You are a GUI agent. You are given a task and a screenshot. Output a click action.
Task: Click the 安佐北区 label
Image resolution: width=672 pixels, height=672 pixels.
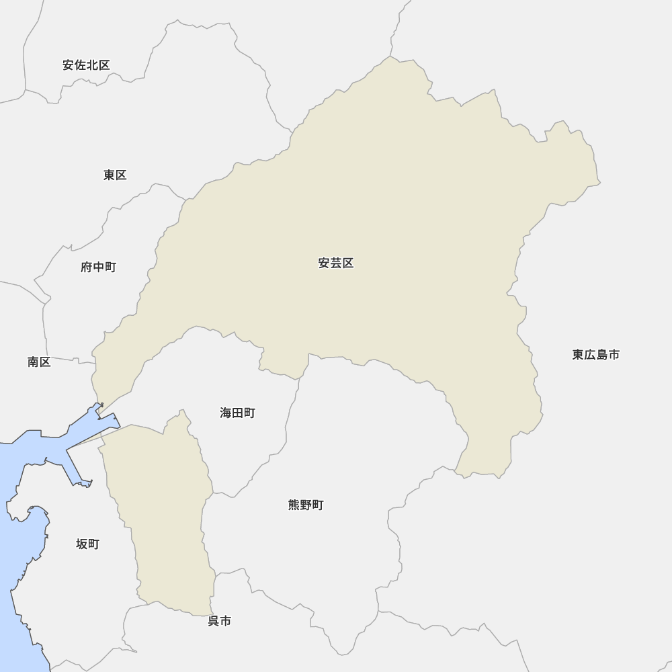click(86, 65)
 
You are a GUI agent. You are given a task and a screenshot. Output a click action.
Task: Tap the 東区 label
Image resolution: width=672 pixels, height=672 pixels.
click(115, 175)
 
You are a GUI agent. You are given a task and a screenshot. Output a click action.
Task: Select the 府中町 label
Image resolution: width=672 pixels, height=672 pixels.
click(98, 267)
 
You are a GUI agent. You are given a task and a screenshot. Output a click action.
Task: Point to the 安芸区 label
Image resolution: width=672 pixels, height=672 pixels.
click(336, 263)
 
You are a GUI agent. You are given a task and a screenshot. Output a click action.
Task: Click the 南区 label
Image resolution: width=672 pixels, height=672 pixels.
click(39, 362)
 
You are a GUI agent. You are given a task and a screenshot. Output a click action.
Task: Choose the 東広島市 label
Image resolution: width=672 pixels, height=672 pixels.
click(596, 355)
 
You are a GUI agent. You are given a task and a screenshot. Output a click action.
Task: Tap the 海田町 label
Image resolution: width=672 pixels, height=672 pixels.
click(237, 413)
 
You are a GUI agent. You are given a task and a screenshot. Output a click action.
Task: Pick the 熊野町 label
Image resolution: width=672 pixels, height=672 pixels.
click(306, 505)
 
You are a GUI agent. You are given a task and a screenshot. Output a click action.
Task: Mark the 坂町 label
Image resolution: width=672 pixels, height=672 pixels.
click(87, 544)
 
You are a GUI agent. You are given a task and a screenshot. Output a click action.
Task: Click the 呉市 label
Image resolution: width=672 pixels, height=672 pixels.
click(219, 622)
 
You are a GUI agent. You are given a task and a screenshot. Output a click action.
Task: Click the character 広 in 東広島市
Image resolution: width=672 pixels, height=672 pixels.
click(590, 355)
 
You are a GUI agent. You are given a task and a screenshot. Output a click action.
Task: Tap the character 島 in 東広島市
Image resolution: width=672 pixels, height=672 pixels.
click(602, 355)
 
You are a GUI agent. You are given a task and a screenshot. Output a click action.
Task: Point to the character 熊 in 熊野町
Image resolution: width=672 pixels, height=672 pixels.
click(294, 505)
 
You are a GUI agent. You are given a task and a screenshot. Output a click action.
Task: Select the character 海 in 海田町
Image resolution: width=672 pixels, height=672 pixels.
click(226, 413)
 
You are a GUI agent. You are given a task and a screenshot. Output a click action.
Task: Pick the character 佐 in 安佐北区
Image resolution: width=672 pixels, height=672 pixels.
click(80, 65)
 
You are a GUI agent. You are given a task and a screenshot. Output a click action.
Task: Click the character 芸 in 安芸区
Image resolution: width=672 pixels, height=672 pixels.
click(336, 263)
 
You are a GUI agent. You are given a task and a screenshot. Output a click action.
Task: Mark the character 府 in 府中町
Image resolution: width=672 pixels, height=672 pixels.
click(87, 267)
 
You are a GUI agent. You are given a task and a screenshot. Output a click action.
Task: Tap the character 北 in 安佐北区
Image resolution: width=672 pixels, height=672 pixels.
click(92, 65)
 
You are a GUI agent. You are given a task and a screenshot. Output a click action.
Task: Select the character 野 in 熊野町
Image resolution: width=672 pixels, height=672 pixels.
click(306, 505)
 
